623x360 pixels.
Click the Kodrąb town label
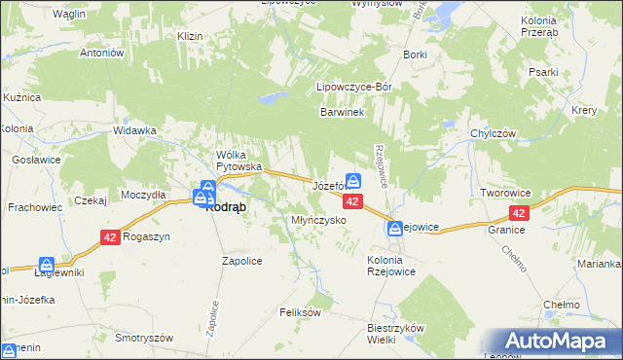226,206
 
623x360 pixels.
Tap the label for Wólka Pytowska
240,160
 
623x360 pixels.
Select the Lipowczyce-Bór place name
354,87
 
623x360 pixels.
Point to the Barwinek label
343,113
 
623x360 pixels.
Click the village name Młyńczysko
320,221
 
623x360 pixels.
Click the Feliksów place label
299,312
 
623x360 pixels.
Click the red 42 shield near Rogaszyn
109,237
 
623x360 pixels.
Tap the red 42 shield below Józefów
353,200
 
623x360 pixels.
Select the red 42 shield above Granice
520,213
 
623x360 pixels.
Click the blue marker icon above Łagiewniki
47,264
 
